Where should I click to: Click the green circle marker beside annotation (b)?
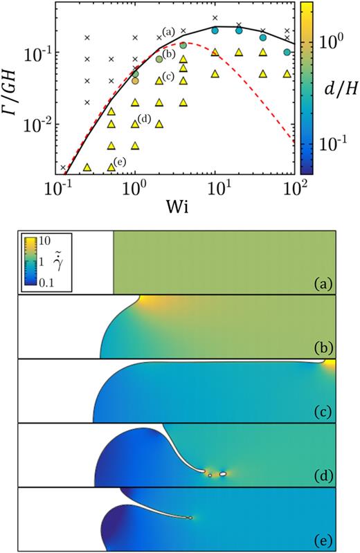159,60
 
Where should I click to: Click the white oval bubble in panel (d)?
223,475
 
